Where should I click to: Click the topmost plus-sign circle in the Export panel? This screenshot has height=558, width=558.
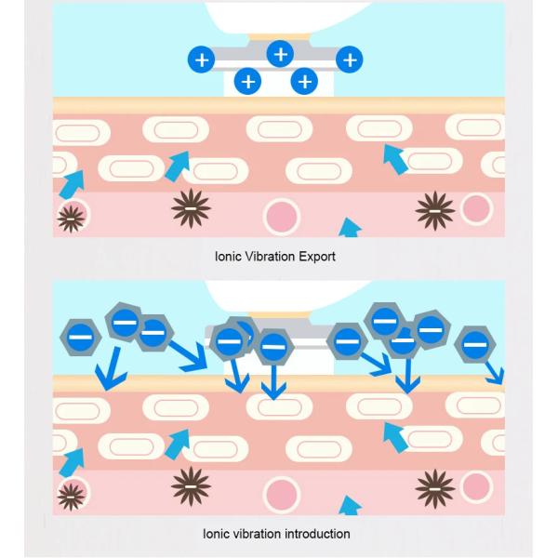click(280, 54)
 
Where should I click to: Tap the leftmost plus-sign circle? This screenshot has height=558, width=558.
click(201, 60)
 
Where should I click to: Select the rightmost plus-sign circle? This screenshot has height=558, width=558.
click(349, 60)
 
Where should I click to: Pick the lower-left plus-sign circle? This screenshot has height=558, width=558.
click(247, 82)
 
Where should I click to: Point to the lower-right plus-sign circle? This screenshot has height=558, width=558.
click(304, 82)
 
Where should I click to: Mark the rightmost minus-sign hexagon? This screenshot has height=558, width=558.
click(475, 345)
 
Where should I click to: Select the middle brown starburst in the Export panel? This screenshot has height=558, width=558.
click(191, 209)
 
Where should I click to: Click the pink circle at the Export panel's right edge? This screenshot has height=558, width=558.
click(475, 208)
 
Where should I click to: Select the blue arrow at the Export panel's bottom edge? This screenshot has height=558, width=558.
click(350, 228)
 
